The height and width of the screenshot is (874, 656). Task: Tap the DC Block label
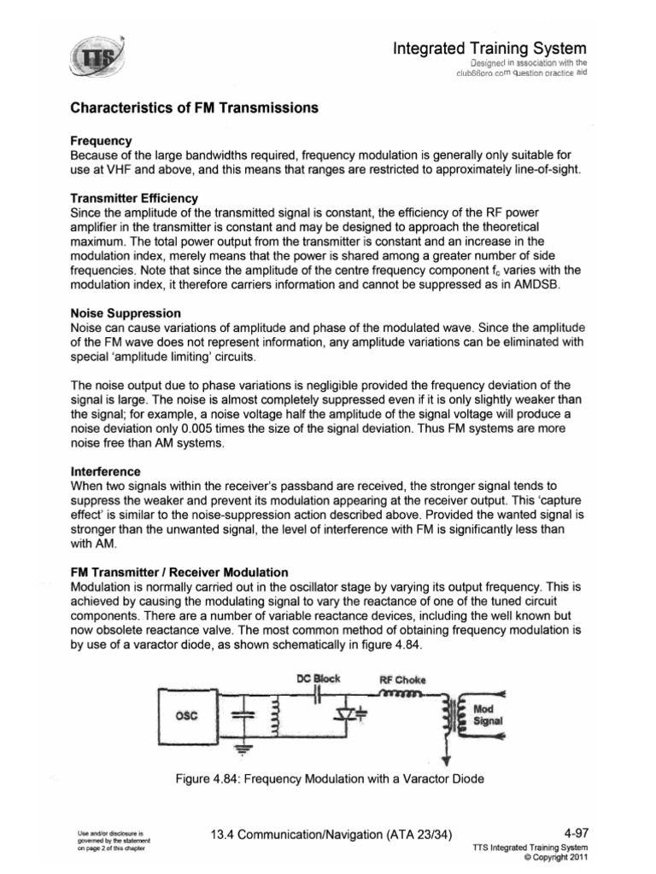pyautogui.click(x=318, y=679)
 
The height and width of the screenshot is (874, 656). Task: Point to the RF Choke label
pyautogui.click(x=402, y=681)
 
